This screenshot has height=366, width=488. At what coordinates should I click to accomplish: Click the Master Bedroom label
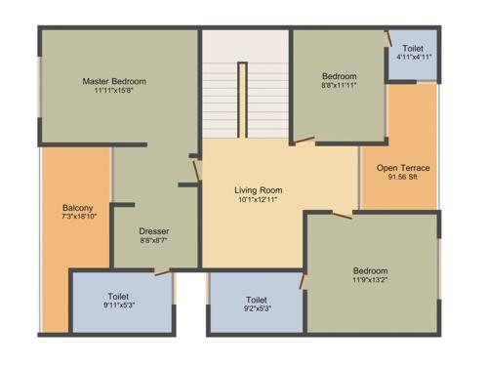click(113, 81)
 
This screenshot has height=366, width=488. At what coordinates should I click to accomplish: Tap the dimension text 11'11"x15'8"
click(113, 92)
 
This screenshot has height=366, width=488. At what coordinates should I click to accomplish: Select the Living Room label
click(259, 189)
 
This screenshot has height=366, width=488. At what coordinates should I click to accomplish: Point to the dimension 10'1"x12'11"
click(259, 200)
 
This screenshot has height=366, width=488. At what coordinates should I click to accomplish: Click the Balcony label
click(77, 207)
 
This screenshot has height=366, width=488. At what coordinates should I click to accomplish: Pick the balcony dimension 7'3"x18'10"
click(77, 217)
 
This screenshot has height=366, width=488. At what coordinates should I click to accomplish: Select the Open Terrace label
click(403, 168)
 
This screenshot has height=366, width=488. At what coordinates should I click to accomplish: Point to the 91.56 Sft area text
click(403, 178)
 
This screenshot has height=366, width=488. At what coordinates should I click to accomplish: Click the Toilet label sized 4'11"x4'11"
click(413, 48)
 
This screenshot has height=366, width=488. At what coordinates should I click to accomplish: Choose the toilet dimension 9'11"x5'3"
click(119, 306)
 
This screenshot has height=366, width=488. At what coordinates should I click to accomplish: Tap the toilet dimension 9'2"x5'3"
click(257, 309)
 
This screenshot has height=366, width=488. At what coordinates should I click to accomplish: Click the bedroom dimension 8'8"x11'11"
click(340, 86)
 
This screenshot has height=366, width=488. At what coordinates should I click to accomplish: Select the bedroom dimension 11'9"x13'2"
click(371, 281)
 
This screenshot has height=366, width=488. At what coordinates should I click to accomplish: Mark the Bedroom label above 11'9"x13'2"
click(371, 270)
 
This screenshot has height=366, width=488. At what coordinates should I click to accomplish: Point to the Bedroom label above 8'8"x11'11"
click(340, 75)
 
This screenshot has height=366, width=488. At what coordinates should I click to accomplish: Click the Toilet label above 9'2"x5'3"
click(257, 300)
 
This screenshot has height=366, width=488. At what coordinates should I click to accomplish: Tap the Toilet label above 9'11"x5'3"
click(119, 296)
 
